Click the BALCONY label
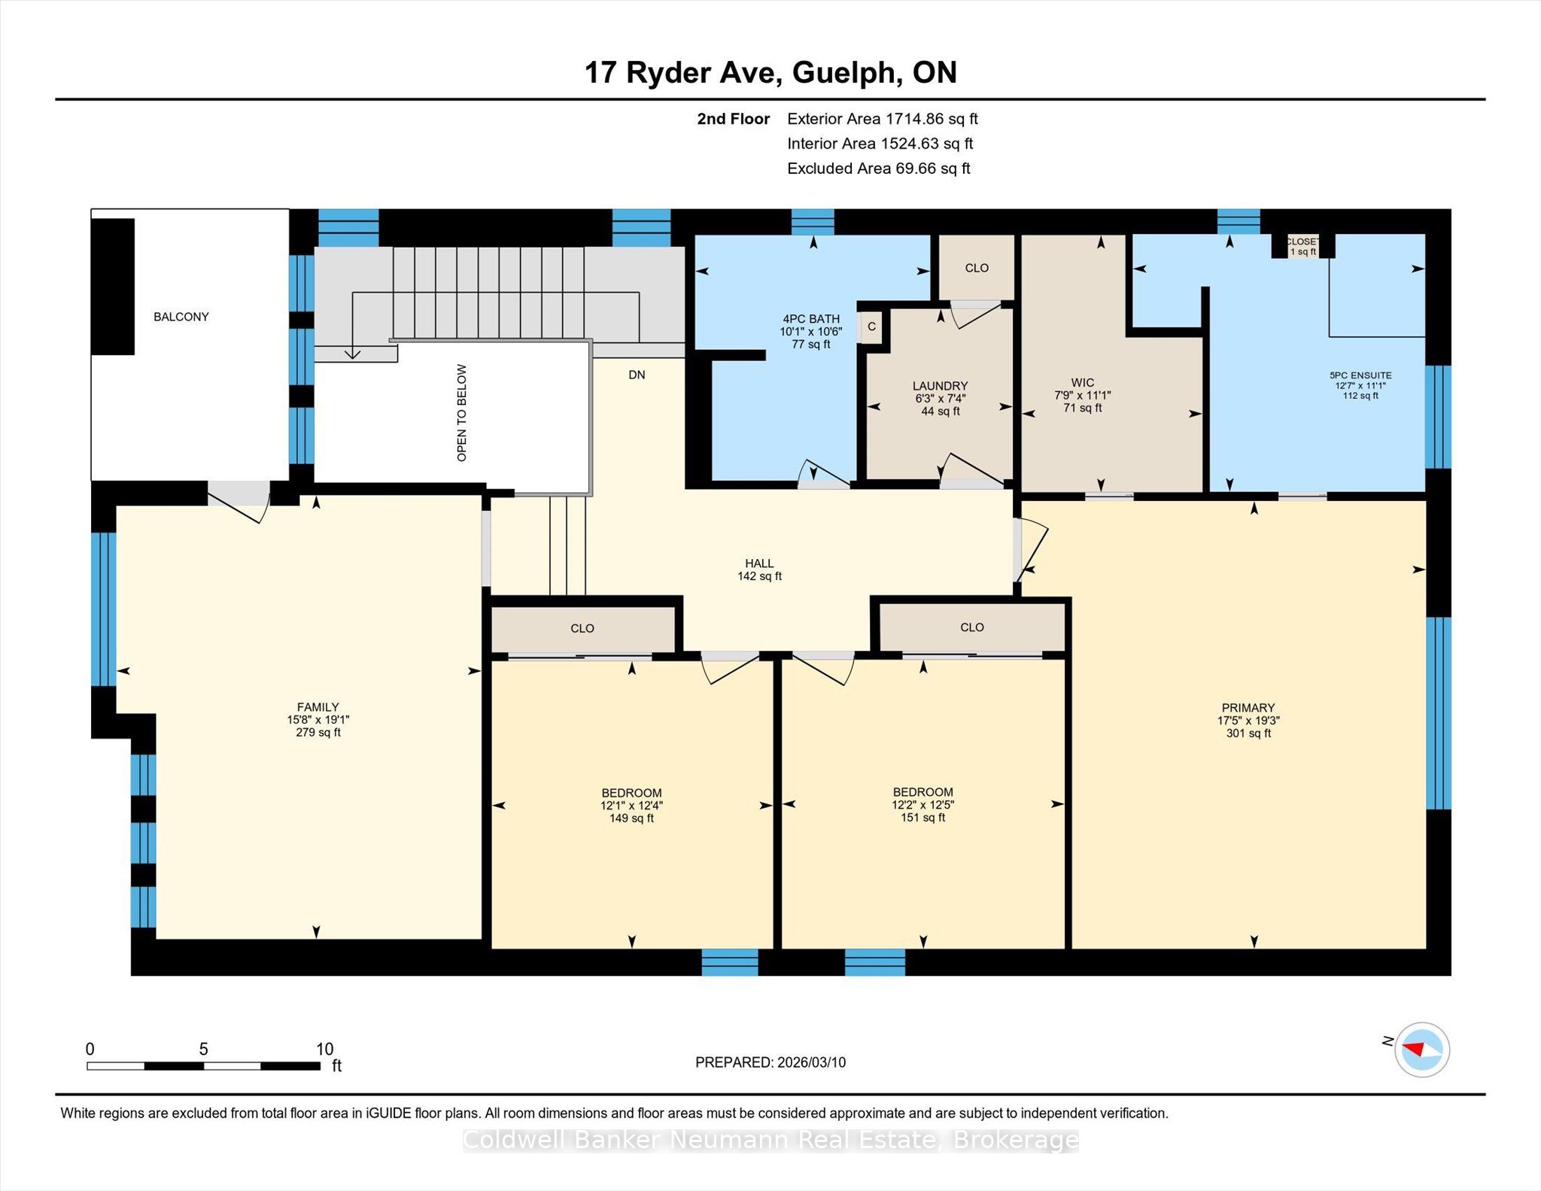click(181, 317)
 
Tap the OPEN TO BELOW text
click(462, 413)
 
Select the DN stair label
click(637, 375)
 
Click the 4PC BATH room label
click(811, 319)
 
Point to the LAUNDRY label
click(941, 386)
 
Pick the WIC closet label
click(1083, 382)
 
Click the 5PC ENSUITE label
click(1360, 375)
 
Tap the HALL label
click(759, 564)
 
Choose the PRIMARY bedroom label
click(1248, 708)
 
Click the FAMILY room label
click(318, 707)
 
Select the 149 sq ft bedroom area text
click(631, 819)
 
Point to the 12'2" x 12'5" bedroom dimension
click(923, 805)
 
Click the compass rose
click(1422, 1050)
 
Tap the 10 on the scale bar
click(324, 1049)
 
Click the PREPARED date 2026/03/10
click(811, 1062)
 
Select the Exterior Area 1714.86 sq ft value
click(932, 119)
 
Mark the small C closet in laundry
click(871, 327)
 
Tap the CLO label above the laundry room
click(977, 268)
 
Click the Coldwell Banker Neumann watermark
click(770, 1141)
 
